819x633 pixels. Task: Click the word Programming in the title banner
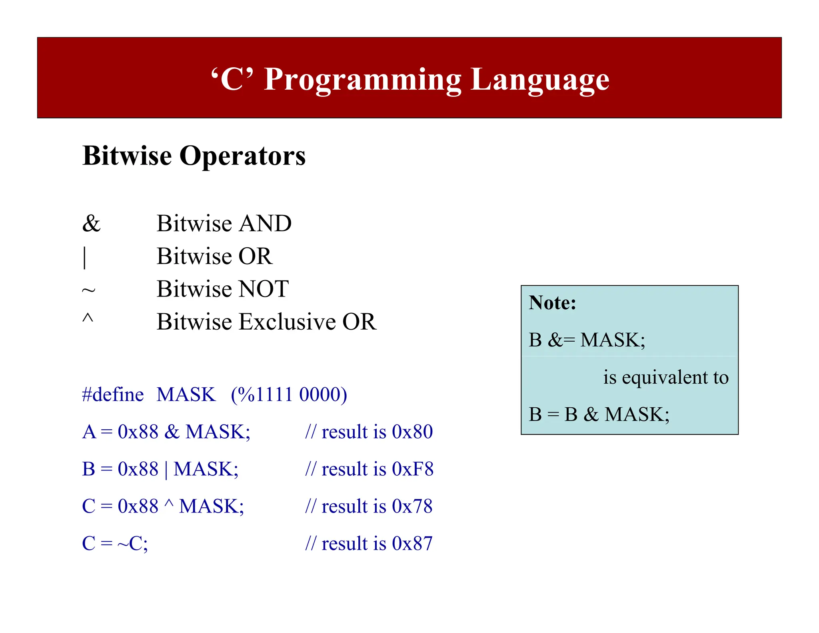coord(363,80)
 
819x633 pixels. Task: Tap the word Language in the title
coord(540,80)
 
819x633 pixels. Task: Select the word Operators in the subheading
coord(242,156)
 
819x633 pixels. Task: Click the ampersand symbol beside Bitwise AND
coord(91,223)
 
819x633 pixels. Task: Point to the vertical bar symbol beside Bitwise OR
coord(84,257)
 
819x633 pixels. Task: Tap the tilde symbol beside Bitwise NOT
coord(88,290)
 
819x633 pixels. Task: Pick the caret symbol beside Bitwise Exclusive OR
coord(88,319)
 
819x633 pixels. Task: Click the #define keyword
coord(113,395)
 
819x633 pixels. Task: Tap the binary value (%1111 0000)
coord(289,395)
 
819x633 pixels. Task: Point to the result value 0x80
coord(412,432)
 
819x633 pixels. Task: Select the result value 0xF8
coord(413,469)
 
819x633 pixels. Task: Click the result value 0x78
coord(412,506)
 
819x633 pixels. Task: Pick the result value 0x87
coord(412,543)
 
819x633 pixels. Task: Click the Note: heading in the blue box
coord(552,302)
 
